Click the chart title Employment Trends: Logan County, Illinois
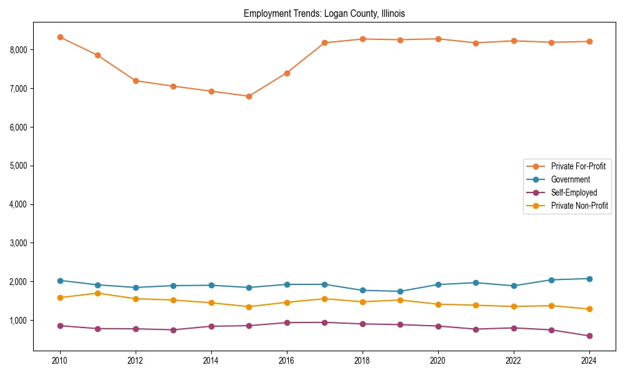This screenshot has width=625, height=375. point(324,13)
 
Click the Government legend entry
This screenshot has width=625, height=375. point(570,179)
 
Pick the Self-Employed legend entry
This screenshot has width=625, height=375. point(574,192)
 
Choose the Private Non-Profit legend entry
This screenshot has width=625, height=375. point(579,206)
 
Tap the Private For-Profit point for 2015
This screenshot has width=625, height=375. point(249,96)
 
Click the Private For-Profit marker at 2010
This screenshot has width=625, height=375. point(60,37)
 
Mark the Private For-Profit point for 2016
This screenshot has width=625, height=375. point(287,73)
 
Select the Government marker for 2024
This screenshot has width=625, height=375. point(589,279)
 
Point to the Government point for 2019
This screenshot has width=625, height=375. point(400,291)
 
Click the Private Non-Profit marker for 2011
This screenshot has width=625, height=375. point(97,293)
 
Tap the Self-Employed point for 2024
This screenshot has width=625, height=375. point(589,336)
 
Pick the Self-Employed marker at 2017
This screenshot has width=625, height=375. point(324,322)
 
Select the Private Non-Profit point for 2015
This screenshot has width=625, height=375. point(249,307)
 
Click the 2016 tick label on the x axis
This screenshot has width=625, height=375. point(287,361)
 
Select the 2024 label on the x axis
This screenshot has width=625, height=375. point(589,361)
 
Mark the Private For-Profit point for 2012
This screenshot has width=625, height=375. point(136,81)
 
